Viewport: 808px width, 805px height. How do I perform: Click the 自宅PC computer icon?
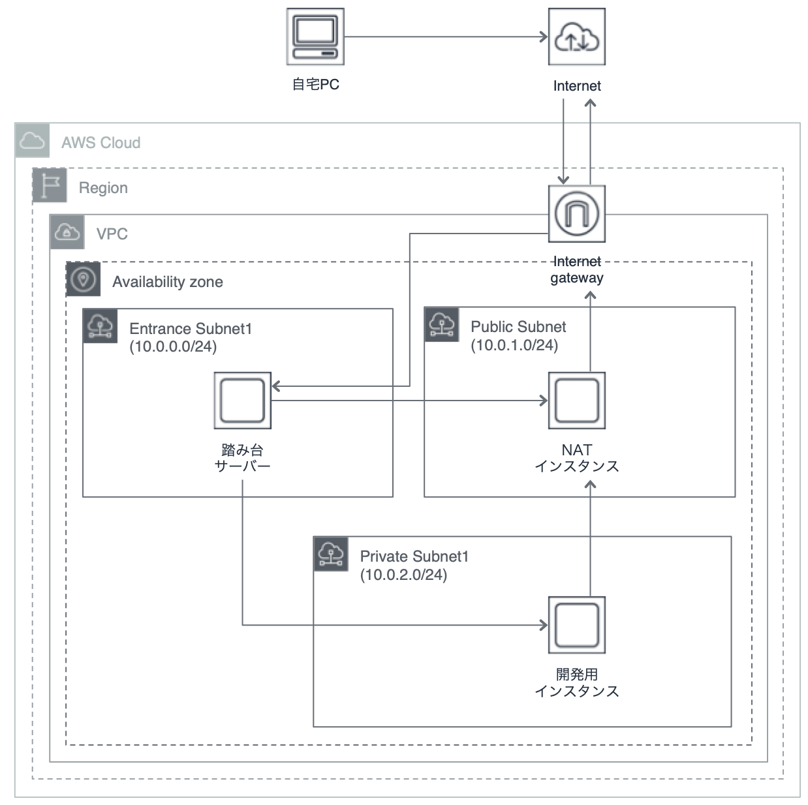[315, 37]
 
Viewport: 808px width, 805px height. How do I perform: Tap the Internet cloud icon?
[576, 37]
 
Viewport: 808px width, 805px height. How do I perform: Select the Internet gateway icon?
[576, 214]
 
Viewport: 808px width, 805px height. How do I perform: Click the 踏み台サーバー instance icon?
[242, 401]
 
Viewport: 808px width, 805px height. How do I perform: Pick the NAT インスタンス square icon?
[576, 401]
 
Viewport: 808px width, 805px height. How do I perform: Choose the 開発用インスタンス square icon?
[576, 625]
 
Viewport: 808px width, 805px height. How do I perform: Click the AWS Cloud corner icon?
[32, 140]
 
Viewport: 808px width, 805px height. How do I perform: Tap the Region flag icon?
[50, 185]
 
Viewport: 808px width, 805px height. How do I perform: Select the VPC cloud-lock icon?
[67, 232]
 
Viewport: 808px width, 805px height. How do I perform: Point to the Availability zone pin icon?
[83, 280]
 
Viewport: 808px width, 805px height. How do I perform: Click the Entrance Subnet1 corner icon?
[100, 326]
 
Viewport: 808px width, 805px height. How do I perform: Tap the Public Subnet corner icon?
[441, 324]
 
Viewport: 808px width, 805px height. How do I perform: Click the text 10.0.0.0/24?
[173, 346]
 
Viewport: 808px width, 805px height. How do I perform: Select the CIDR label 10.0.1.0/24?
[514, 345]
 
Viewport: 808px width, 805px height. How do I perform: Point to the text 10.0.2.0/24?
[403, 575]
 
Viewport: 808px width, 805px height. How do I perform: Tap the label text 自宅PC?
[315, 84]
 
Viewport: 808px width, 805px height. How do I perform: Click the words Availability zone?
[167, 282]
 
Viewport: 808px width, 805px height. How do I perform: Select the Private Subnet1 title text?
[414, 556]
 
